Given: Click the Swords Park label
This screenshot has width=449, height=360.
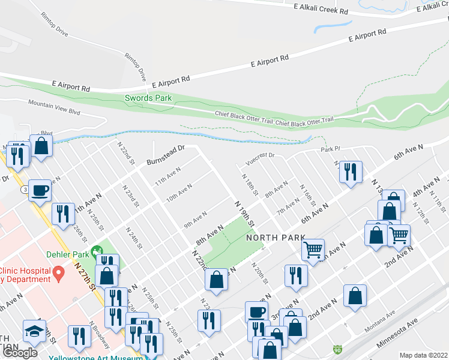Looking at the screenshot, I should [148, 98].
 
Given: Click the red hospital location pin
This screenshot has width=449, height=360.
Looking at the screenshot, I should [58, 274].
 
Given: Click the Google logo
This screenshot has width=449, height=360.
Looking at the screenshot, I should [19, 353].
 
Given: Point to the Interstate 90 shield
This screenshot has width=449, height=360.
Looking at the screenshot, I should [339, 349].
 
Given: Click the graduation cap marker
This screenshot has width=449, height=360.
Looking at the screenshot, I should [34, 331].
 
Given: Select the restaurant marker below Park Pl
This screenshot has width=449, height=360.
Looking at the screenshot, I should [350, 171].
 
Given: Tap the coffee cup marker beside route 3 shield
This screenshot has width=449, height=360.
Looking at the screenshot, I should [40, 190].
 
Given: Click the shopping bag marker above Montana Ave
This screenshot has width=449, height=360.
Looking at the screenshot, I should [355, 296].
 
